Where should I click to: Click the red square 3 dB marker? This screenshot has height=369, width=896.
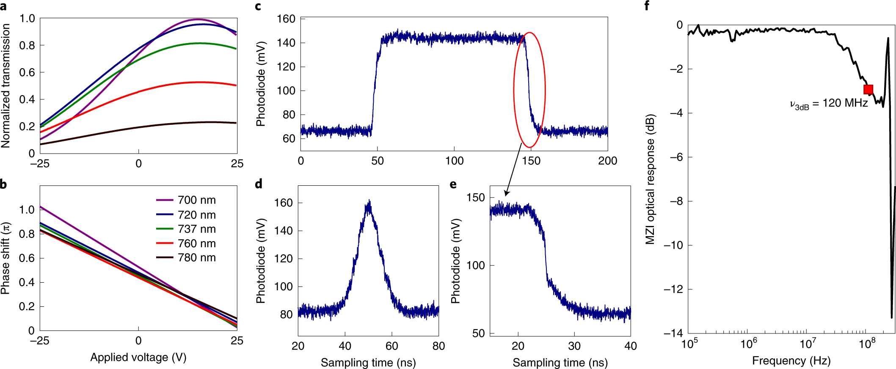868,89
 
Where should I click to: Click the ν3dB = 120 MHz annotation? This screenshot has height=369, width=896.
828,104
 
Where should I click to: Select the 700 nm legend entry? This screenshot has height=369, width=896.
186,200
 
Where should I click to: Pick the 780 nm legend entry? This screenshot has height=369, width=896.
186,258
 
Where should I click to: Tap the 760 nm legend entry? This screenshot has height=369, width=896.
186,243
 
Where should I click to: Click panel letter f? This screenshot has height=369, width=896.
647,6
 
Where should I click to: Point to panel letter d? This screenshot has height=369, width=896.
259,184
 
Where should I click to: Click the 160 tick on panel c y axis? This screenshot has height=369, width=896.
286,19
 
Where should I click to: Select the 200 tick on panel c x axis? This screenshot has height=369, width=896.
607,161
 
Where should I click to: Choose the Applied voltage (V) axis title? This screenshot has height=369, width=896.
138,358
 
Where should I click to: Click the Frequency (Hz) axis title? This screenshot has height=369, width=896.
791,361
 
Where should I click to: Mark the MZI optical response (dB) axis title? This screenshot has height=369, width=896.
650,179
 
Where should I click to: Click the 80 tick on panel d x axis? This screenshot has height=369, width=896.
438,346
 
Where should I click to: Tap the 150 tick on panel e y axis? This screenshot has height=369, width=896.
475,198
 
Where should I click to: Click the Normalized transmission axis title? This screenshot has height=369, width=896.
6,85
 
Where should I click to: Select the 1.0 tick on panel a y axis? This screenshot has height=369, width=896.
27,19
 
